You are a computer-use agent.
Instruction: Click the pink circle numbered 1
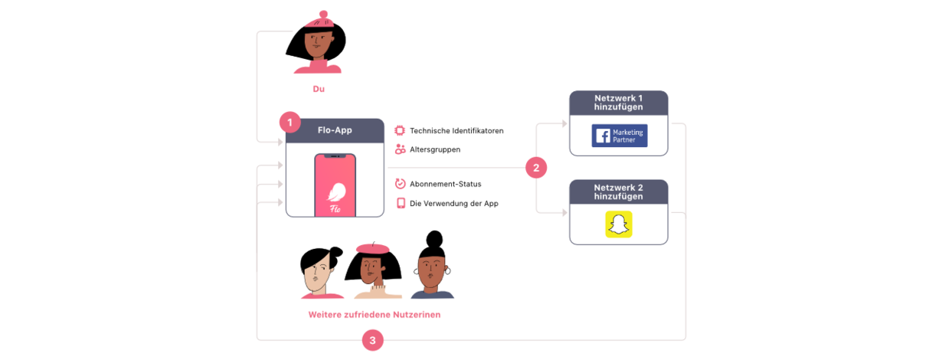point(289,123)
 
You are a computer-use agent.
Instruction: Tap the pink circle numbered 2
point(536,168)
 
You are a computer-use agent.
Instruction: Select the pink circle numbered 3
point(373,340)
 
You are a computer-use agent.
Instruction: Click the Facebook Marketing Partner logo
point(620,136)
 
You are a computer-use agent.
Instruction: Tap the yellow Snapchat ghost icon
point(619,224)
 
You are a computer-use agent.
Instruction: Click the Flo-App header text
point(335,130)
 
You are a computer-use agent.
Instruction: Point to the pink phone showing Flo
point(335,185)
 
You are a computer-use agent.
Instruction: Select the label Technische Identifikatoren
point(456,131)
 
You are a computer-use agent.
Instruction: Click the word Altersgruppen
point(435,149)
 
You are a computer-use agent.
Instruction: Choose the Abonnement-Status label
point(446,184)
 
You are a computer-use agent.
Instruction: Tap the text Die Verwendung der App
point(453,204)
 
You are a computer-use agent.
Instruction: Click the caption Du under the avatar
point(319,89)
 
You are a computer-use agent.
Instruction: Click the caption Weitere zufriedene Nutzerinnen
point(375,315)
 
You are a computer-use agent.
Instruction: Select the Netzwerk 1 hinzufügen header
point(618,103)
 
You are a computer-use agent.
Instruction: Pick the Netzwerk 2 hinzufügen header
point(618,191)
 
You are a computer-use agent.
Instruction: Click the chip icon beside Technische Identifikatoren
point(400,130)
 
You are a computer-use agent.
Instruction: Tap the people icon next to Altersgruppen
point(400,149)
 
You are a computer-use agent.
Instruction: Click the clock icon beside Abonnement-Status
point(400,184)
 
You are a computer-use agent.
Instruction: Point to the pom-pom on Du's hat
point(323,15)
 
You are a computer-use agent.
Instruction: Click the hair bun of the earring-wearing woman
point(434,239)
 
